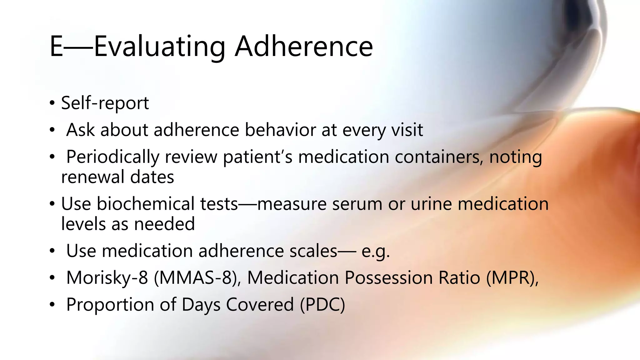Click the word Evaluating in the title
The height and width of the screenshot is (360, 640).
click(x=159, y=47)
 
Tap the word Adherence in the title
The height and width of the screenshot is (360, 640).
click(x=304, y=47)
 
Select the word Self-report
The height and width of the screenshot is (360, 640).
click(x=105, y=103)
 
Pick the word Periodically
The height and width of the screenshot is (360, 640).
click(x=113, y=157)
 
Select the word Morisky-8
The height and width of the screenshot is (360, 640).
click(x=107, y=278)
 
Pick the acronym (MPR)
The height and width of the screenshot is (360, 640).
click(x=512, y=278)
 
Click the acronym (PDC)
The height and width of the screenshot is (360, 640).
click(x=322, y=305)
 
